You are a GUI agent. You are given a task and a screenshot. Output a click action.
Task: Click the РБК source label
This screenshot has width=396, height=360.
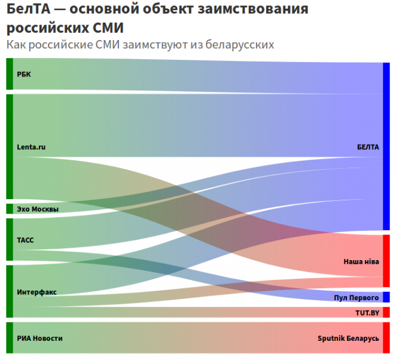pyautogui.click(x=24, y=74)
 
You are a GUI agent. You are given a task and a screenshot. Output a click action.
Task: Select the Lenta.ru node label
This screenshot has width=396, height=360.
pyautogui.click(x=31, y=147)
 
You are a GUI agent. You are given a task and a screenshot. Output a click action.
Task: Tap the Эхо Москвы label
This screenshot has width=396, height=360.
pyautogui.click(x=38, y=209)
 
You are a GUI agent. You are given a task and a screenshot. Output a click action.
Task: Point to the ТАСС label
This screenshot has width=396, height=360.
pyautogui.click(x=25, y=240)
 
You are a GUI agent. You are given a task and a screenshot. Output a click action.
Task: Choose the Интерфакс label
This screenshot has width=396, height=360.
pyautogui.click(x=36, y=292)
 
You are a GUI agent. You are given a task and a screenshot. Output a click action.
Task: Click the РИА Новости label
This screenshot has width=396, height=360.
pyautogui.click(x=39, y=338)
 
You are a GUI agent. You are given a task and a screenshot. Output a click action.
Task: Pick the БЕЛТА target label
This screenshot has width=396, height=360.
pyautogui.click(x=368, y=147)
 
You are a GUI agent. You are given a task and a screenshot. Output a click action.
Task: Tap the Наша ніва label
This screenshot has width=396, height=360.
pyautogui.click(x=361, y=261)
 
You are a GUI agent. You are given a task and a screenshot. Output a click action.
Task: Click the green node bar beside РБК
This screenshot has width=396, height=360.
pyautogui.click(x=10, y=74)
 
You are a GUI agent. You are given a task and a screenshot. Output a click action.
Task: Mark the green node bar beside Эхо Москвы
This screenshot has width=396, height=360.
pyautogui.click(x=10, y=209)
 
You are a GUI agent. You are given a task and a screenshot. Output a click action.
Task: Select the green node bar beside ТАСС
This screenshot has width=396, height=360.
pyautogui.click(x=10, y=239)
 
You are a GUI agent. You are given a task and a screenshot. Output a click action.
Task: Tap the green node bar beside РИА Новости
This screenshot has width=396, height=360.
pyautogui.click(x=10, y=338)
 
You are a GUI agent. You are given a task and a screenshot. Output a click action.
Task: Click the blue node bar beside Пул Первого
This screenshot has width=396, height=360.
pyautogui.click(x=386, y=297)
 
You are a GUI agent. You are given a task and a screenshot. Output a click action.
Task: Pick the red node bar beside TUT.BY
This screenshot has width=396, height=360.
pyautogui.click(x=386, y=312)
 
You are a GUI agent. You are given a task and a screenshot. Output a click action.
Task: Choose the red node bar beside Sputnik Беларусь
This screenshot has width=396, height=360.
pyautogui.click(x=386, y=338)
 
